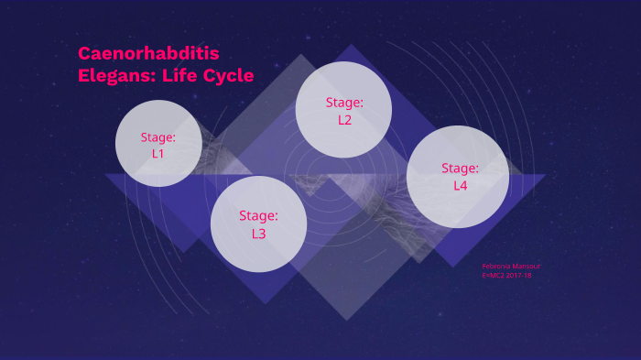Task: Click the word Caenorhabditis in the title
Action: point(148,53)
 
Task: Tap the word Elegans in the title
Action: point(111,76)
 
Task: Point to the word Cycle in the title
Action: point(225,76)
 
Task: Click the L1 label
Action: point(158,153)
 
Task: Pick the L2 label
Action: point(344,119)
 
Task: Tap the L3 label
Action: point(258,234)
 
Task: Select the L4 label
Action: point(460,185)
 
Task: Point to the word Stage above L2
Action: point(343,103)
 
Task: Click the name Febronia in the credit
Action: point(497,267)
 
